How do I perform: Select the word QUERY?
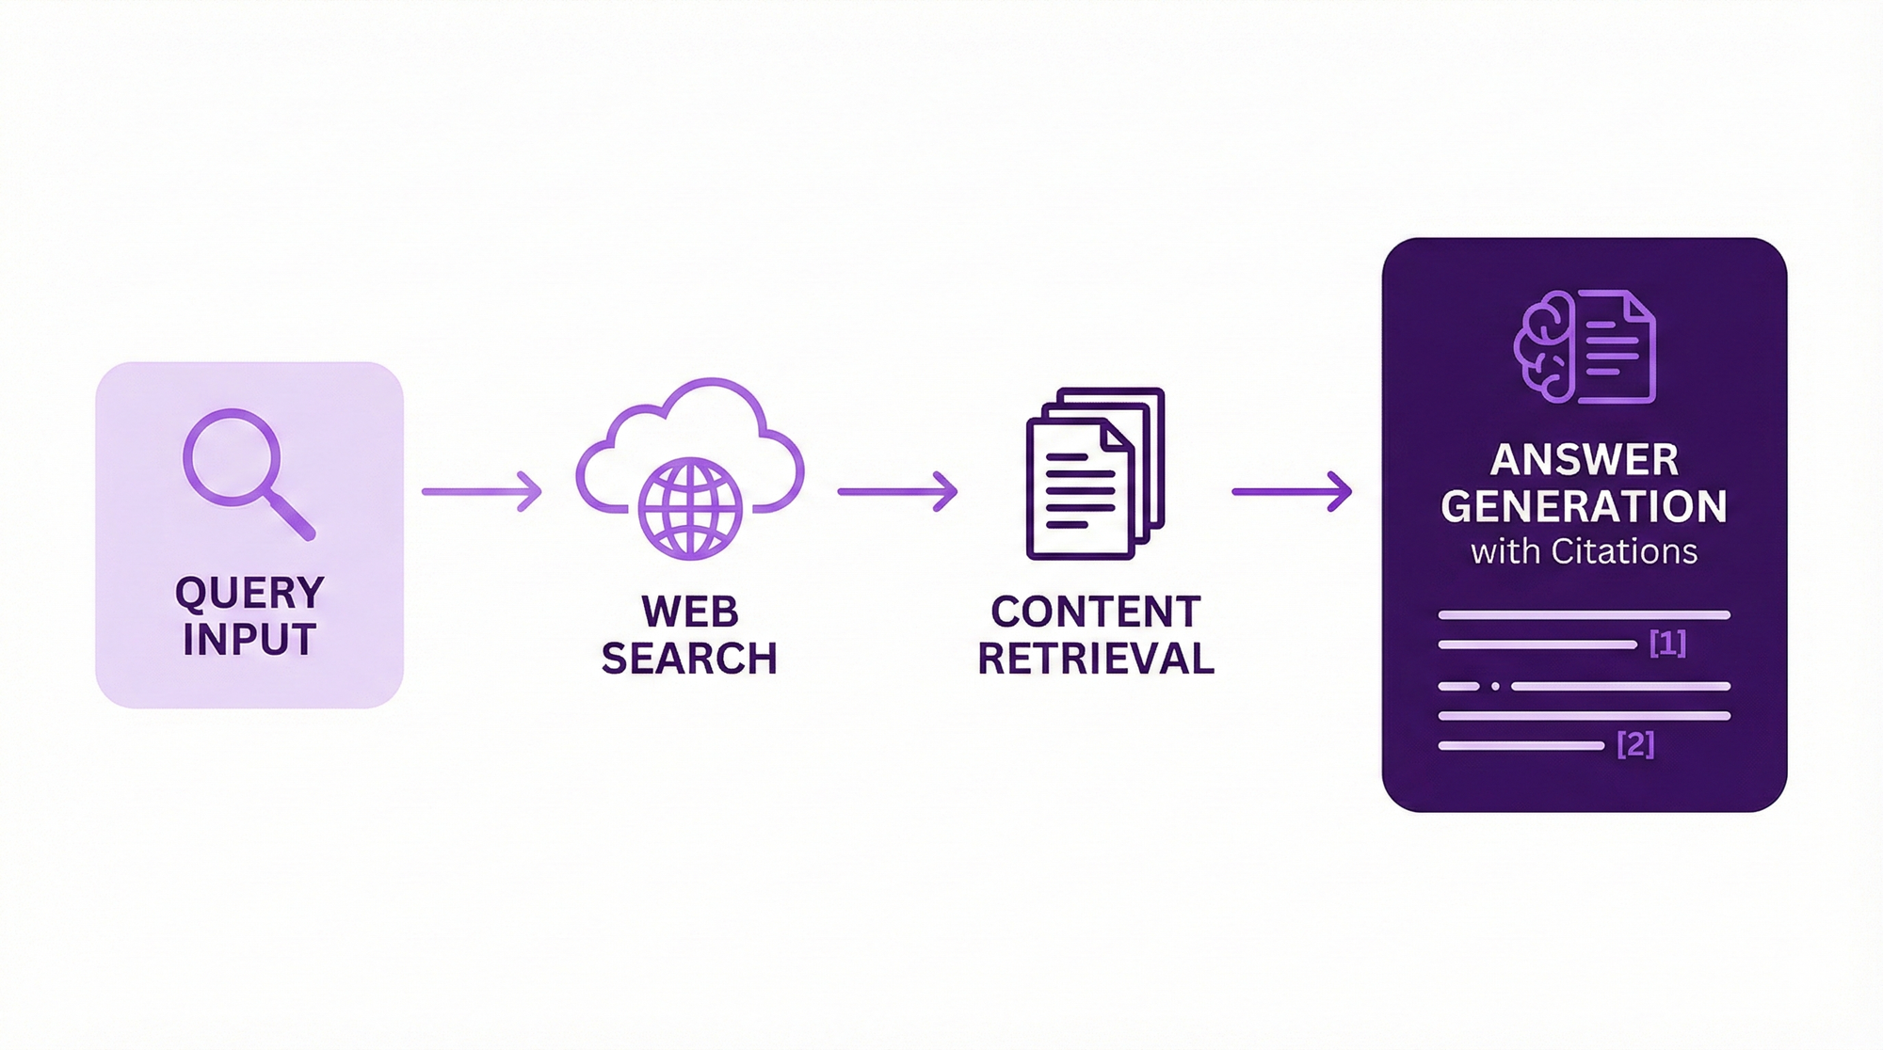249,593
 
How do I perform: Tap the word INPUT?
249,640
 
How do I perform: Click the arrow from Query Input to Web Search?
482,491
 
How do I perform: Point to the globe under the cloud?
690,509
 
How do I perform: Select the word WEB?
690,612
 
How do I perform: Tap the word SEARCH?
690,659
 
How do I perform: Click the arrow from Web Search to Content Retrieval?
897,491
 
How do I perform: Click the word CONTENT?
1096,612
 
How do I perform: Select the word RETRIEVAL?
1096,659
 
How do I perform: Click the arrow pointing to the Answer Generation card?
1292,491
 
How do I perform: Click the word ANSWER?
1585,460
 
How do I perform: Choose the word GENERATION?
1585,506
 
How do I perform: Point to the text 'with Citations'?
1585,551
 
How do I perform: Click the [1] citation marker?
1667,644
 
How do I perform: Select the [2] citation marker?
1635,744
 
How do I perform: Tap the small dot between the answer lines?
1495,686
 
